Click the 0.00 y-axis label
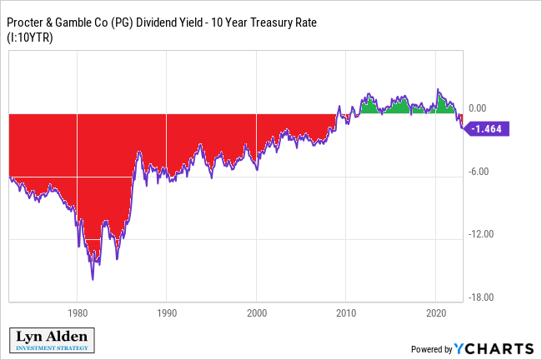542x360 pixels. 478,108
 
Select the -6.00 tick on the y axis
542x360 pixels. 478,172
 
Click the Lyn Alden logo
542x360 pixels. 54,340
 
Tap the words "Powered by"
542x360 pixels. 431,349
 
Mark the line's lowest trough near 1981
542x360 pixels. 93,279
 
